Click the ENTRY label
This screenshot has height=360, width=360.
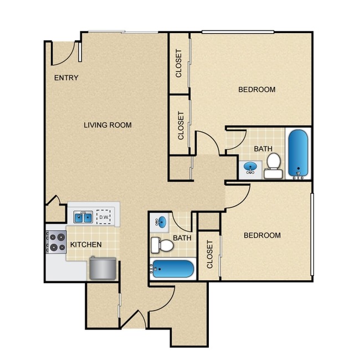click(66, 78)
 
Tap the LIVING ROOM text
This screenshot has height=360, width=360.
click(107, 125)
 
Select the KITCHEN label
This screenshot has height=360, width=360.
click(85, 244)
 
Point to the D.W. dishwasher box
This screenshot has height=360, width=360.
click(104, 218)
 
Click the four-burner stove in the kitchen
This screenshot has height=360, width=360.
click(55, 242)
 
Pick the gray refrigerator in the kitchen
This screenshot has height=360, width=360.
click(102, 269)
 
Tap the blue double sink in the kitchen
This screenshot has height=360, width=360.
click(83, 217)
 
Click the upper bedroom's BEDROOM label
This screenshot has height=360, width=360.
click(256, 90)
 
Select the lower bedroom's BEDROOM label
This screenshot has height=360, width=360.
click(262, 235)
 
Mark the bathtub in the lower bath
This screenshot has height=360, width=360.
click(173, 270)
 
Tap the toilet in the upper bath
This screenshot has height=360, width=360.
click(273, 164)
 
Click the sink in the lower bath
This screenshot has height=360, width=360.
click(160, 223)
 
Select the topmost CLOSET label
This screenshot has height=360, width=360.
click(179, 63)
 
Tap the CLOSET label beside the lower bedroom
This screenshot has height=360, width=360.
click(209, 255)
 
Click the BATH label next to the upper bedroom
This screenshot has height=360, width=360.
click(263, 148)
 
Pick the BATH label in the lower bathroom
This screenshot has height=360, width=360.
click(182, 238)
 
